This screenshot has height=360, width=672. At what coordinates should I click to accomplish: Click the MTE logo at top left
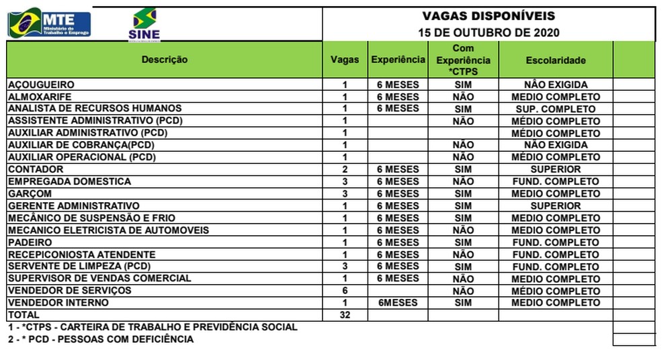[49, 24]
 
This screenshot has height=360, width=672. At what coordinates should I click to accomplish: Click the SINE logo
[144, 25]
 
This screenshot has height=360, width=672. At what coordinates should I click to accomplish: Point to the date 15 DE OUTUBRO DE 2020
[489, 32]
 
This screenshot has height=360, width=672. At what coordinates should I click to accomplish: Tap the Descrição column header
[165, 60]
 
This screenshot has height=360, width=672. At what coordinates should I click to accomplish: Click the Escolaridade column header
[556, 60]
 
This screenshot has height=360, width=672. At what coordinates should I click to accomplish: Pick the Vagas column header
[344, 60]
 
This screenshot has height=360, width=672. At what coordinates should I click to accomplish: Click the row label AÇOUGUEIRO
[40, 85]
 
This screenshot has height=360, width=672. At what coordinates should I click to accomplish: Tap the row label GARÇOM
[30, 194]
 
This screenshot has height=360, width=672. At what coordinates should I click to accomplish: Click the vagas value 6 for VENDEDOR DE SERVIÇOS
[344, 291]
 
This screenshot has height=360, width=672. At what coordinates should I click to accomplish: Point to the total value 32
[344, 315]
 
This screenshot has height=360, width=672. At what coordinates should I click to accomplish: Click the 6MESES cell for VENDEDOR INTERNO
[398, 303]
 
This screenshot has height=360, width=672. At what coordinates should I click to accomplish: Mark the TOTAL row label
[24, 315]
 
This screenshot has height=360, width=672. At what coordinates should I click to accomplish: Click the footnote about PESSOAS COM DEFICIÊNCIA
[101, 340]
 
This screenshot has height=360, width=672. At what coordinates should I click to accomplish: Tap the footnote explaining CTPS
[153, 327]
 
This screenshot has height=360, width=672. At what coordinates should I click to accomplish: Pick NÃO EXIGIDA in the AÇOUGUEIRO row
[556, 85]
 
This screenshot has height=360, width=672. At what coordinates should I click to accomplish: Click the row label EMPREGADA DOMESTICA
[69, 182]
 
